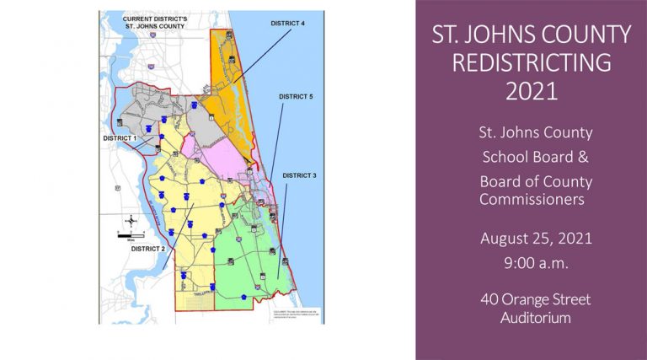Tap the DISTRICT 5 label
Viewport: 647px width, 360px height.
(x=296, y=97)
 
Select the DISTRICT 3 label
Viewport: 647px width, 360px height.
(x=299, y=175)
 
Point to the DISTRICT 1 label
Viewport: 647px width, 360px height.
(x=120, y=137)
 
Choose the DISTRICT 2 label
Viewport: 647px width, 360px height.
(x=148, y=249)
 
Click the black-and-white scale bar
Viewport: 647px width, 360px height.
(x=131, y=235)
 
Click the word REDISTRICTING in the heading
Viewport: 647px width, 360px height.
(x=531, y=62)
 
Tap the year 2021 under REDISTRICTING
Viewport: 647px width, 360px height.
(x=531, y=90)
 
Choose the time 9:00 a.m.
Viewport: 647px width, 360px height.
(x=531, y=262)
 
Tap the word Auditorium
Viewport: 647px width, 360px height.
(x=531, y=318)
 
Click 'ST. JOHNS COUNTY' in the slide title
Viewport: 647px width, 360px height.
(x=531, y=35)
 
